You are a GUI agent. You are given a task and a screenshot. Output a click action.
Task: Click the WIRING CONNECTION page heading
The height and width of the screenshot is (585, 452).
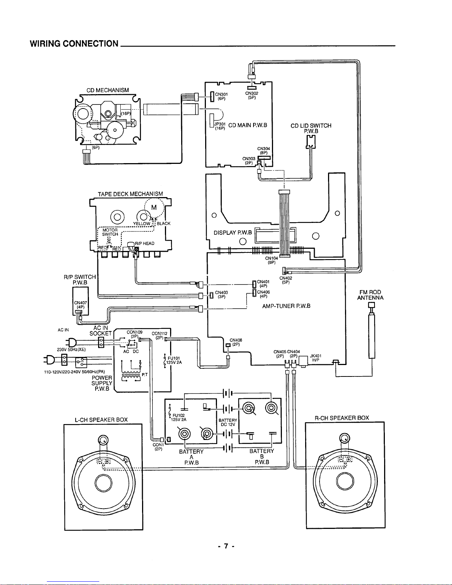pos(74,44)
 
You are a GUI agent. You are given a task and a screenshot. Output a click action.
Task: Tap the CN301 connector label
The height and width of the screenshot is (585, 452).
pos(221,94)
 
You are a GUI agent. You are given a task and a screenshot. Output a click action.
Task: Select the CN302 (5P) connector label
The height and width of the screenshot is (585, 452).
pos(252,95)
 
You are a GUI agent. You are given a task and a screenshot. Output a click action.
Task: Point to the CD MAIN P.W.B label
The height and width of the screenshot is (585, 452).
pos(248,125)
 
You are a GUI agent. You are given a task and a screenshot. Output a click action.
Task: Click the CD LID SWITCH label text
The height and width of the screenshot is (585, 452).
pos(311,125)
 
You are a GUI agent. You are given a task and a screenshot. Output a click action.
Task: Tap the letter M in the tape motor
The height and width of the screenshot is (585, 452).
pos(154,207)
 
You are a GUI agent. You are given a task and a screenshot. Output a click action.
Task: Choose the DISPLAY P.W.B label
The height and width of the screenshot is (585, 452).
pos(233,233)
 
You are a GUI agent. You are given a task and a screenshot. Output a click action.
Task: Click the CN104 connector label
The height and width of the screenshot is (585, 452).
pos(272,258)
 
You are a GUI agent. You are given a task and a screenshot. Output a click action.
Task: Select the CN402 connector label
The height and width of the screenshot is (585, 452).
pos(286,278)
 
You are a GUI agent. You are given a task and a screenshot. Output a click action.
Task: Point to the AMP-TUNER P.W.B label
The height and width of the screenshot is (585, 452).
pos(286,306)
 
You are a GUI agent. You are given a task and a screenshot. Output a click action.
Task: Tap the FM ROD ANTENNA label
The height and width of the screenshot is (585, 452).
pos(370,295)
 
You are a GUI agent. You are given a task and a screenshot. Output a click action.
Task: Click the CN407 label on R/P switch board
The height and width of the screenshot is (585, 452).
pos(80,303)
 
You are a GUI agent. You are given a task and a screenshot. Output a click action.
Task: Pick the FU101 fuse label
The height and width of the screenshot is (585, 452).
pos(173,358)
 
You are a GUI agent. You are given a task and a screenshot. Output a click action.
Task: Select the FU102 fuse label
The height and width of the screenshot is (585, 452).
pos(179,416)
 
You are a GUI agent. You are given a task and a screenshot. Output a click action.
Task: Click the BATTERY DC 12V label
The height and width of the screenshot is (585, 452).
pos(228,422)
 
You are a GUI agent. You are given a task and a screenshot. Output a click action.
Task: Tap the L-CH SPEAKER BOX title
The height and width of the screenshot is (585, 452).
pos(101,420)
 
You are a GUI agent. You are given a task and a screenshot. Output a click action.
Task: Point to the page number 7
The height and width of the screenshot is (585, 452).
pos(226,546)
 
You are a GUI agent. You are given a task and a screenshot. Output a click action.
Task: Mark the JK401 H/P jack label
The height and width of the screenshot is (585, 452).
pos(315,358)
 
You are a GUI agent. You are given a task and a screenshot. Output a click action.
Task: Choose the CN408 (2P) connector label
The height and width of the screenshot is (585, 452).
pos(236,342)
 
